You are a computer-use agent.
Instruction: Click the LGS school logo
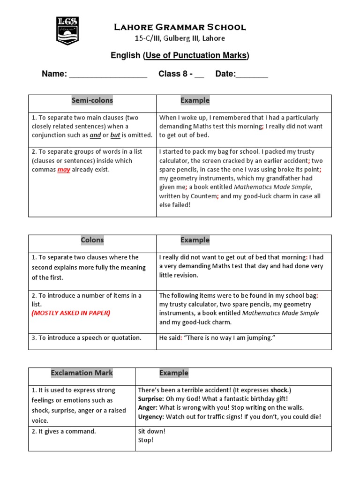[67, 30]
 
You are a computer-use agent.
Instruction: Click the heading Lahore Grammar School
[180, 27]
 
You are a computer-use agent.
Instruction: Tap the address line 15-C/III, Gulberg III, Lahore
[180, 38]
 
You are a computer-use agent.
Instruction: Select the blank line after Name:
[108, 75]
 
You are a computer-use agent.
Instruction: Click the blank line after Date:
[252, 75]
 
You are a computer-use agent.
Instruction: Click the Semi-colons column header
[92, 100]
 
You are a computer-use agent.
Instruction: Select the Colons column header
[92, 240]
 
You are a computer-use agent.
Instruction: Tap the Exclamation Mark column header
[82, 373]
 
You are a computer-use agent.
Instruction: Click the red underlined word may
[64, 170]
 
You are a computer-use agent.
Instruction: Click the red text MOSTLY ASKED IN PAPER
[71, 313]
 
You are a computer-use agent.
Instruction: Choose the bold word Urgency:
[151, 417]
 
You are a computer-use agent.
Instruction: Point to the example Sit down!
[152, 431]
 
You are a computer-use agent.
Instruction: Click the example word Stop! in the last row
[146, 440]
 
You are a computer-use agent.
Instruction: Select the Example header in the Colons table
[195, 240]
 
